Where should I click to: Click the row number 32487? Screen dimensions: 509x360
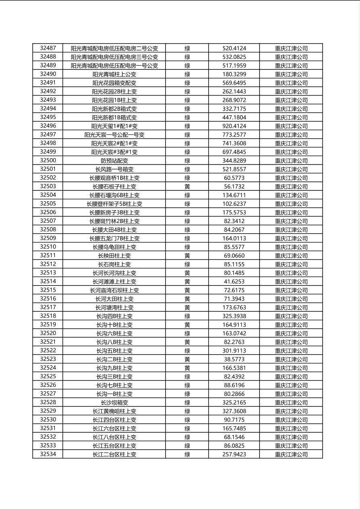(48, 48)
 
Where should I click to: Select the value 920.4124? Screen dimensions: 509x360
(234, 126)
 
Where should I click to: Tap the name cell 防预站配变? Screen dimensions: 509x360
(114, 161)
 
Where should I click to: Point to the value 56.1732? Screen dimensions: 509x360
(234, 186)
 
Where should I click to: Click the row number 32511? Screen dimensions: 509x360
(48, 255)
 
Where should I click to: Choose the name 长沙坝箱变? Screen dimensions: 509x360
(114, 403)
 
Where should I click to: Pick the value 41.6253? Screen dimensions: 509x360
(234, 282)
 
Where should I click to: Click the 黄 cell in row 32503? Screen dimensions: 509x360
(187, 186)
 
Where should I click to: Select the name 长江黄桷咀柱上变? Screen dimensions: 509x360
(114, 411)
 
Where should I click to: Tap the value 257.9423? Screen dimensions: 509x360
(234, 454)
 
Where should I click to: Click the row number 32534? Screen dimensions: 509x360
(48, 454)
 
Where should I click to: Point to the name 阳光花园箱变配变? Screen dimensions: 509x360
(114, 83)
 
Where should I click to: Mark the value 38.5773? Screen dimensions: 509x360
(234, 359)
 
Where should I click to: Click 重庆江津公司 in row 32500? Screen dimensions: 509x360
(291, 161)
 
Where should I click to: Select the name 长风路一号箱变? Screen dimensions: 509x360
(114, 169)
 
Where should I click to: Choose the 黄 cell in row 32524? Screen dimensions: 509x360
(187, 368)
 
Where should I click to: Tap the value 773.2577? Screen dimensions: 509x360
(234, 135)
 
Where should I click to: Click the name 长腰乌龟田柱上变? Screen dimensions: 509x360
(114, 247)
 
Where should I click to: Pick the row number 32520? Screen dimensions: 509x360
(48, 333)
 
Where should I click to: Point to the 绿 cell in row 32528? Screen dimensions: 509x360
(187, 403)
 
